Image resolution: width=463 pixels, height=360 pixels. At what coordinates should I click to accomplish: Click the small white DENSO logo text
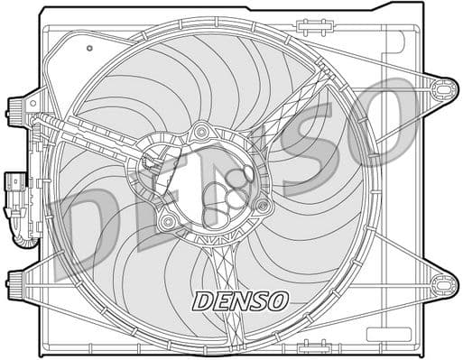coord(240,299)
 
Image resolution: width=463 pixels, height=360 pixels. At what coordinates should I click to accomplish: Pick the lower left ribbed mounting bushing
coord(15,282)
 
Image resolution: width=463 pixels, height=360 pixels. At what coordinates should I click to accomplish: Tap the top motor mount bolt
coord(200,134)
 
